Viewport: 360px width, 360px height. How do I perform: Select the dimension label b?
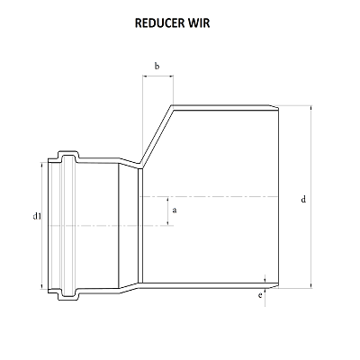click(157, 66)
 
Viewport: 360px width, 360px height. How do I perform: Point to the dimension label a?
click(174, 210)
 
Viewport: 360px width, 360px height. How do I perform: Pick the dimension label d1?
click(37, 217)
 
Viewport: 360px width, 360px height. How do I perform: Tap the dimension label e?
click(259, 295)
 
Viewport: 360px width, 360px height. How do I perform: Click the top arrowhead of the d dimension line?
click(310, 110)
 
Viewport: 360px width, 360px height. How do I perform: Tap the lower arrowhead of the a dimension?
click(166, 221)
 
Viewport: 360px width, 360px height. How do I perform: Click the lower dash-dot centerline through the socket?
click(90, 224)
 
